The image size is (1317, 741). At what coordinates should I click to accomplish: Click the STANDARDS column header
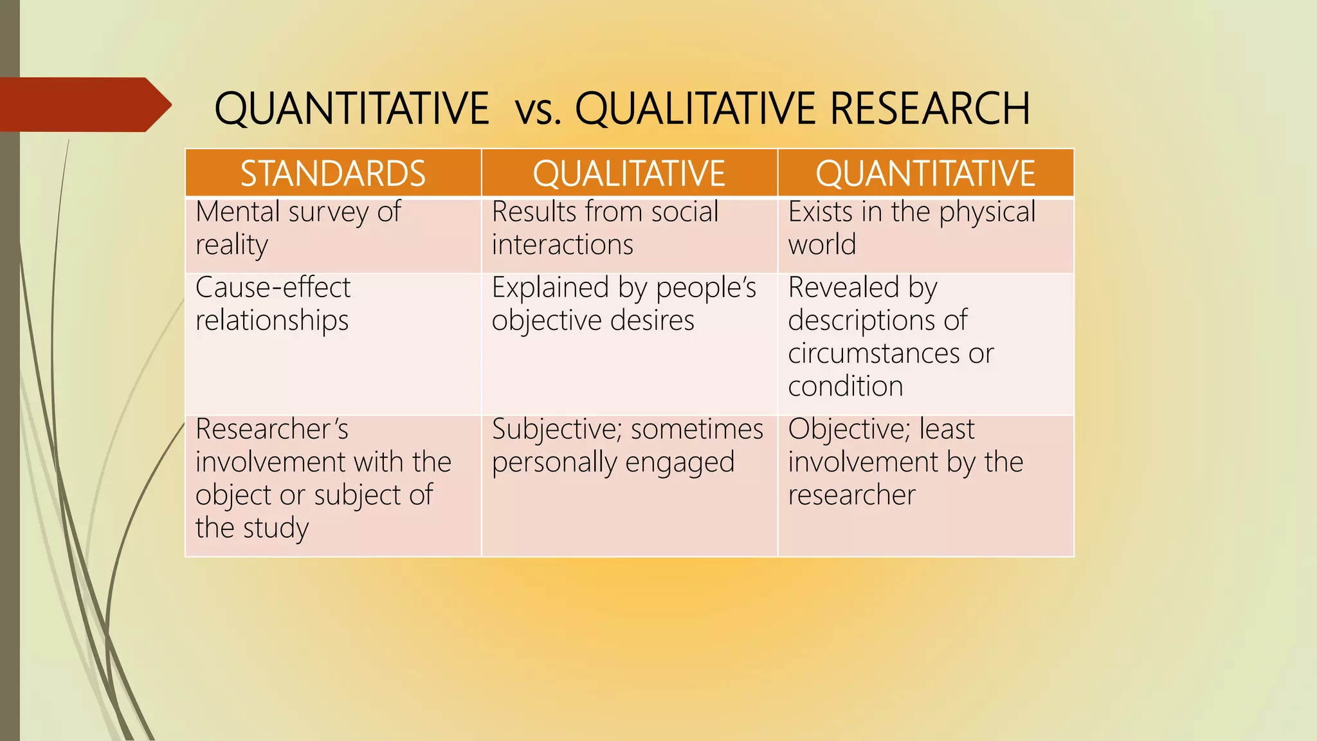pyautogui.click(x=332, y=174)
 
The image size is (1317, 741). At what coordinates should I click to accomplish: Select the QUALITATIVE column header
pyautogui.click(x=629, y=174)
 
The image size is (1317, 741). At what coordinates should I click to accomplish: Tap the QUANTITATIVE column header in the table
pyautogui.click(x=925, y=174)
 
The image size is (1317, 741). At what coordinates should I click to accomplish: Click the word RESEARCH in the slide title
pyautogui.click(x=930, y=108)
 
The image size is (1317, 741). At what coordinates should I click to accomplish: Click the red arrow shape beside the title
pyautogui.click(x=84, y=105)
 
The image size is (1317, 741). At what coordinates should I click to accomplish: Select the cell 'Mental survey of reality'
pyautogui.click(x=298, y=228)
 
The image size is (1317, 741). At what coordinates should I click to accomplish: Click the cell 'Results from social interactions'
pyautogui.click(x=604, y=228)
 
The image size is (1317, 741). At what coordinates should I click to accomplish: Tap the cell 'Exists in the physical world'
pyautogui.click(x=911, y=228)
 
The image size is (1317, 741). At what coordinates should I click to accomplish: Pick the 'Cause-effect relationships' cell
pyautogui.click(x=273, y=304)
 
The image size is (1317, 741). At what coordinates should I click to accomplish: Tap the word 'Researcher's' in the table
pyautogui.click(x=271, y=429)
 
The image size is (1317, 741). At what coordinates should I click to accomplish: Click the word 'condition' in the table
pyautogui.click(x=845, y=386)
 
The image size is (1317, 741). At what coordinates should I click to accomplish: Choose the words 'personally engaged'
pyautogui.click(x=613, y=462)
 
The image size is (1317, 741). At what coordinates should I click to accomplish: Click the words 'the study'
pyautogui.click(x=251, y=528)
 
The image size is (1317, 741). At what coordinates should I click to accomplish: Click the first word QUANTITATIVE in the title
pyautogui.click(x=351, y=108)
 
